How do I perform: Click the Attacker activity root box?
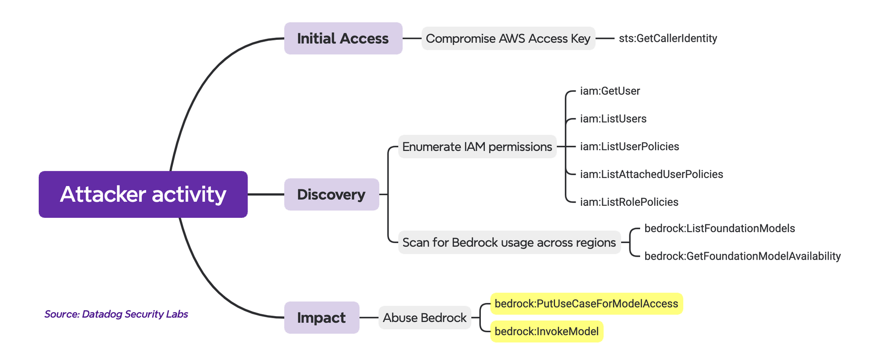[x=143, y=194]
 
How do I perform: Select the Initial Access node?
[x=343, y=38]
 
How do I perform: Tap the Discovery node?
[x=331, y=194]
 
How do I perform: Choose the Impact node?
[x=322, y=318]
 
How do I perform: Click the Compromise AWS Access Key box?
[x=508, y=38]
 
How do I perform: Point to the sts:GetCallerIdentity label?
[x=668, y=38]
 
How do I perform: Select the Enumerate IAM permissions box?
[x=477, y=147]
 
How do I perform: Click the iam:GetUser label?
[x=610, y=91]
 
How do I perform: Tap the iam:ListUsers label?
[x=613, y=119]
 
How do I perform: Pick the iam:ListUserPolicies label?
[x=629, y=147]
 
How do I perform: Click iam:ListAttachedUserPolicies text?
[x=651, y=174]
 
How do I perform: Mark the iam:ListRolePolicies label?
[x=629, y=202]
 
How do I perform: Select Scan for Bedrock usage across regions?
[x=509, y=243]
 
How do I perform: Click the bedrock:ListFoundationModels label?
[x=719, y=228]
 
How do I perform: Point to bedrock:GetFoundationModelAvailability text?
[x=742, y=256]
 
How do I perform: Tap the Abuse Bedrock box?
[x=424, y=318]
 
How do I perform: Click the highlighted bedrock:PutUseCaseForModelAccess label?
[x=586, y=304]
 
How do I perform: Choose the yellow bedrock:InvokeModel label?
[x=546, y=331]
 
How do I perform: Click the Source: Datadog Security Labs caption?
[x=116, y=314]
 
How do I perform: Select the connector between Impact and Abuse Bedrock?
[x=369, y=318]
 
